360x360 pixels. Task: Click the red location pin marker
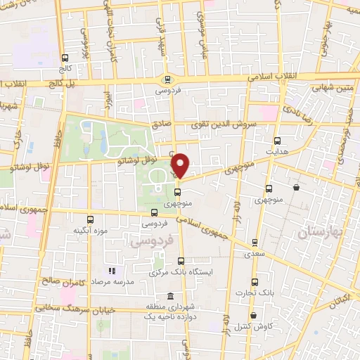181,165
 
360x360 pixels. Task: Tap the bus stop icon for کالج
65,58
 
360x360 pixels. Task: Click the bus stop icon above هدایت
277,141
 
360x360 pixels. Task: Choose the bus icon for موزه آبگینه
91,219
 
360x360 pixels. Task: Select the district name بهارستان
323,232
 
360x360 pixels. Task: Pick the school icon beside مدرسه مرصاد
110,271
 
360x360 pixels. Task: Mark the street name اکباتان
339,297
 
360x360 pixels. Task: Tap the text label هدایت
277,151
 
